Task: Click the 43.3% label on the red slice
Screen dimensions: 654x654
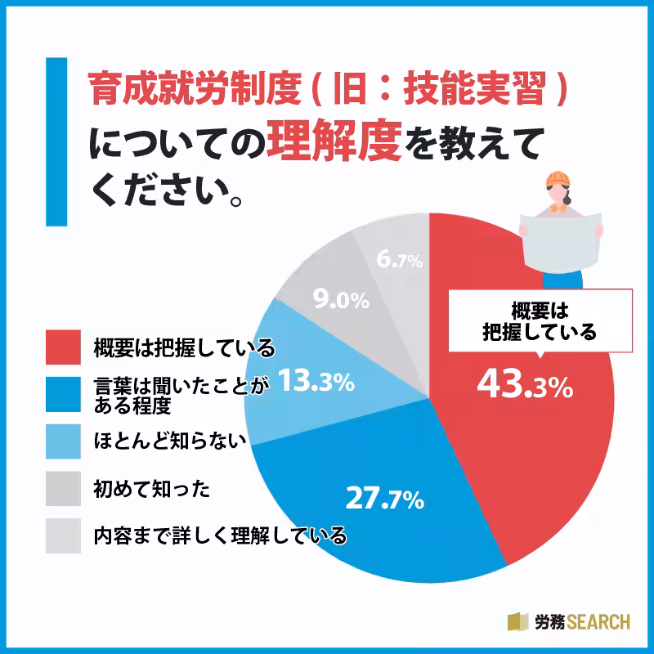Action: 523,384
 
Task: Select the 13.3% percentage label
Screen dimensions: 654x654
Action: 316,381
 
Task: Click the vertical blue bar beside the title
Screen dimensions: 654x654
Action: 56,141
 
